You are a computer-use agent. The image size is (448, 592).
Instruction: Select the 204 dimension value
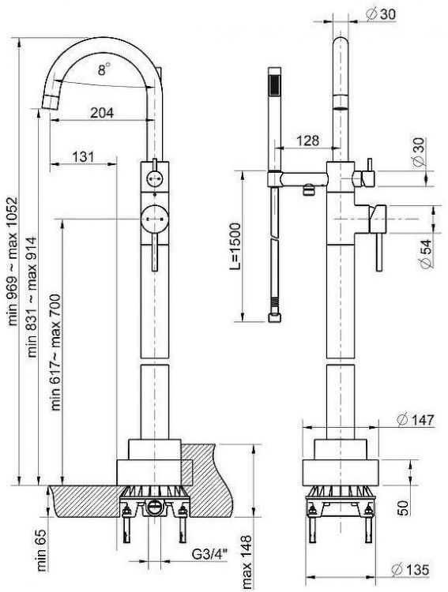pos(101,113)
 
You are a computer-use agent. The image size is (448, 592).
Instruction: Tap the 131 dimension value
pos(85,156)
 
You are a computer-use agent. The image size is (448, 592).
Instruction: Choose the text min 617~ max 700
pos(56,348)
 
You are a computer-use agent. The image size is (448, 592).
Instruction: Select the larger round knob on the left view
pos(155,216)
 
